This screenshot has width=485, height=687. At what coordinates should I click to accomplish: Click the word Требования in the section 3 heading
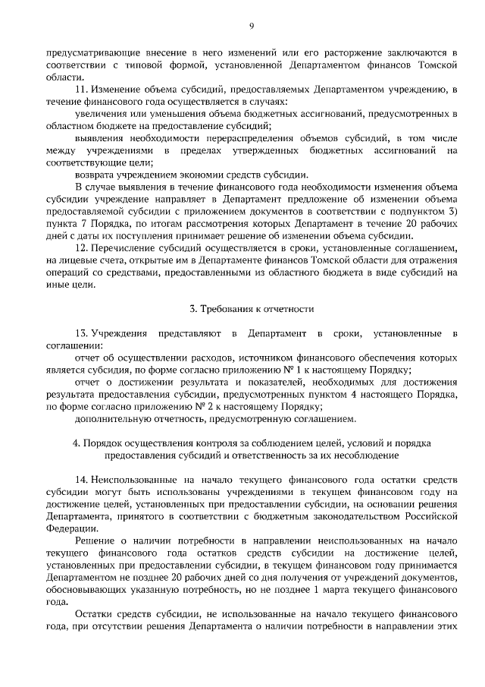coord(227,308)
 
